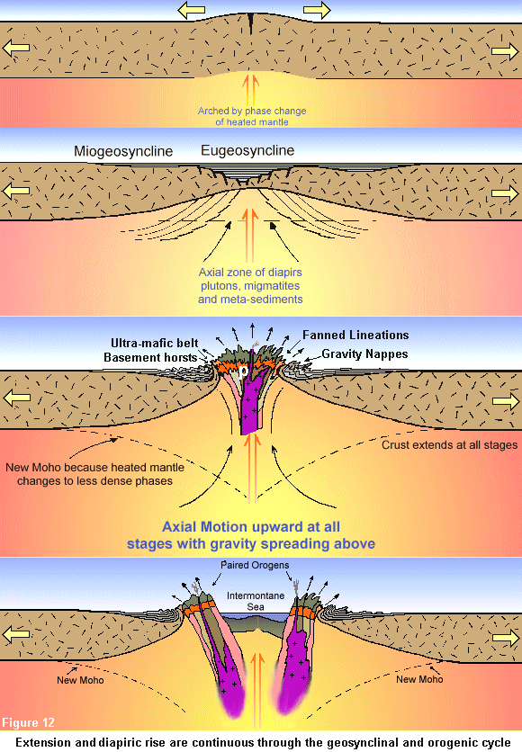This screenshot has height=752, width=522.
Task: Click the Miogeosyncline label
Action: [x=123, y=151]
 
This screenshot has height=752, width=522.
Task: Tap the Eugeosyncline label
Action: [x=247, y=150]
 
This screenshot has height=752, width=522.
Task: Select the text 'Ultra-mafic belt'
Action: [x=155, y=343]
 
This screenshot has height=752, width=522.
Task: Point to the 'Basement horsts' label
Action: [x=150, y=357]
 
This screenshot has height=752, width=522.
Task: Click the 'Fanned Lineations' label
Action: [x=355, y=335]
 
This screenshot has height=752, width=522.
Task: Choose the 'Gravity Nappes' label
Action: [x=364, y=354]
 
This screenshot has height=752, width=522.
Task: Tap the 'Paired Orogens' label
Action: [x=255, y=565]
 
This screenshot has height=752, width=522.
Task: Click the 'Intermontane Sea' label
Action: [x=256, y=601]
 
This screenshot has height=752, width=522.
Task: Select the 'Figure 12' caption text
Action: [x=28, y=722]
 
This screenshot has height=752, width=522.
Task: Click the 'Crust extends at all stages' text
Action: [x=450, y=445]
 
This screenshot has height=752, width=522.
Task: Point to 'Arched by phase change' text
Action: [x=252, y=111]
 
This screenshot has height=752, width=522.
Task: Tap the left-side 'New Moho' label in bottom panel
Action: [x=80, y=680]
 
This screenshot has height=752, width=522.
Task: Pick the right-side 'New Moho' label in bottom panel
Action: [x=419, y=679]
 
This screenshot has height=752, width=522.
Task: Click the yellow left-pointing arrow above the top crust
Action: [x=192, y=10]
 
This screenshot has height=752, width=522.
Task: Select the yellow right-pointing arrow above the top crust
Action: [x=317, y=10]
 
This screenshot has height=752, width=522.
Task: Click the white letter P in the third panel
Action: [x=244, y=372]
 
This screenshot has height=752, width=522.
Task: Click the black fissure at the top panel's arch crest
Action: [x=251, y=23]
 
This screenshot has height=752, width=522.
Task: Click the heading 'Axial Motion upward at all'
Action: [x=251, y=526]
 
